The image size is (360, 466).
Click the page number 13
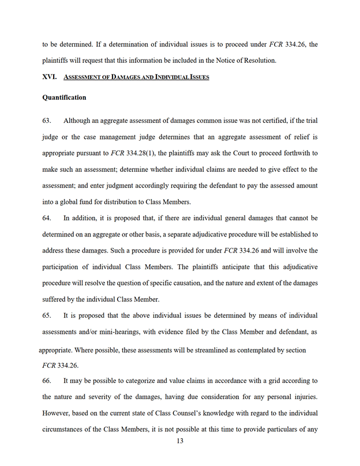point(180,441)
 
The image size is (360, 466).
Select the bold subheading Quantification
point(64,98)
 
